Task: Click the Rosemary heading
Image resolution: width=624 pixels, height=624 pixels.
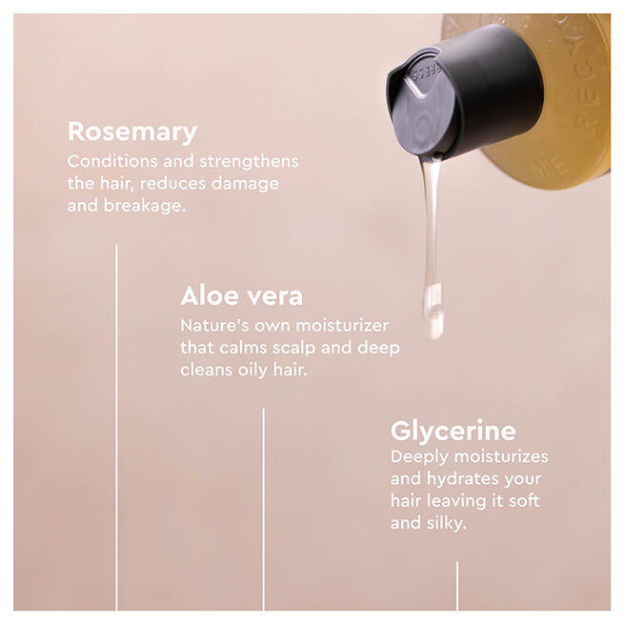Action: tap(132, 131)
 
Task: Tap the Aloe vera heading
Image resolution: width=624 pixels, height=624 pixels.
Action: tap(242, 295)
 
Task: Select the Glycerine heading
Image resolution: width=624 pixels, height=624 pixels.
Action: tap(453, 430)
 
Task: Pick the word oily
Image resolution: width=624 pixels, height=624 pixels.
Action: tap(257, 370)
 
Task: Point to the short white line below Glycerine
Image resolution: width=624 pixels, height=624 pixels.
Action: tap(456, 585)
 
